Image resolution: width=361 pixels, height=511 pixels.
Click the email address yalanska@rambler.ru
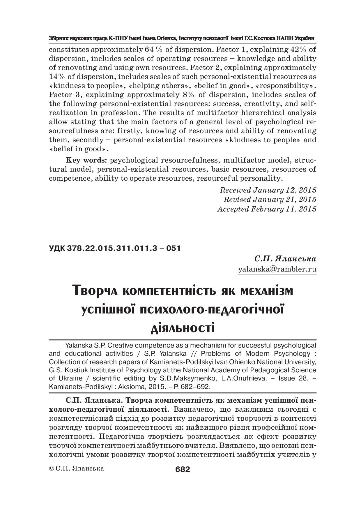[277, 269]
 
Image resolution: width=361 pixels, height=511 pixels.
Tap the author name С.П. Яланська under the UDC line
[285, 259]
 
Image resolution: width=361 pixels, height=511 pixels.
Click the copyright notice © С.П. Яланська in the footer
[76, 468]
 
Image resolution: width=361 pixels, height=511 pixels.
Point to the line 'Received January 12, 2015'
[268, 190]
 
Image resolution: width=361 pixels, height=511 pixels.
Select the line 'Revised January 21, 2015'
[270, 200]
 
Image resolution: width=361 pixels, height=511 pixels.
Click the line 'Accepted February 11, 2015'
[266, 209]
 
